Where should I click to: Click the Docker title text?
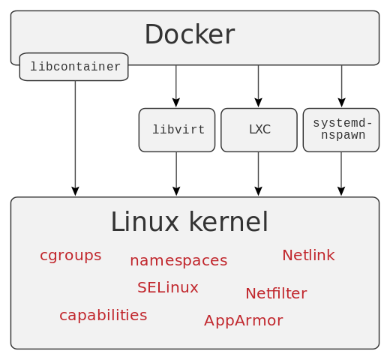click(x=189, y=35)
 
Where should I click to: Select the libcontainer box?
click(x=74, y=67)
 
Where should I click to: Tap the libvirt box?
click(x=177, y=130)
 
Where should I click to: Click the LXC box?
click(x=259, y=130)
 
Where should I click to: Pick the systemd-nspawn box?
click(x=341, y=130)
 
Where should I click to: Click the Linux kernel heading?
click(x=189, y=222)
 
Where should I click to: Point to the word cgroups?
click(x=70, y=256)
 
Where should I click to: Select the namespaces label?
click(x=178, y=261)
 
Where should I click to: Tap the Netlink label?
click(x=308, y=256)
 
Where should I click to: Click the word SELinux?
click(x=168, y=288)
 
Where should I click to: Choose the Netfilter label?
click(x=276, y=294)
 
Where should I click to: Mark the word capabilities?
click(x=103, y=316)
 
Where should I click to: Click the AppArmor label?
click(x=243, y=321)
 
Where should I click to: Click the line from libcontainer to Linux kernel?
click(x=75, y=135)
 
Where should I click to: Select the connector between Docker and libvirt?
click(x=176, y=82)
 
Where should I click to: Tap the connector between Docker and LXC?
click(x=258, y=82)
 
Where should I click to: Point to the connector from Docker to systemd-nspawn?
click(x=341, y=82)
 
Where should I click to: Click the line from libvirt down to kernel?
click(x=176, y=170)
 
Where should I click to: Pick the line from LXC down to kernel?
click(x=258, y=170)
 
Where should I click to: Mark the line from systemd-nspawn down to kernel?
click(x=341, y=170)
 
